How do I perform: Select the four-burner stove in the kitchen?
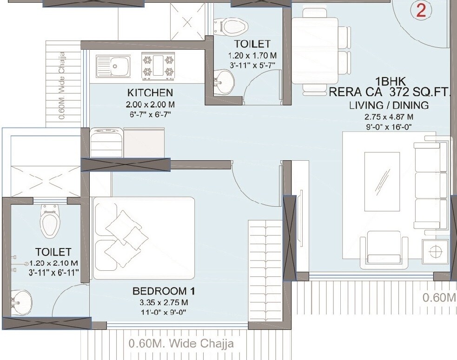pyautogui.click(x=158, y=65)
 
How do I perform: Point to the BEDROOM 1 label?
pyautogui.click(x=163, y=292)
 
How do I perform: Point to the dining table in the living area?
pyautogui.click(x=315, y=50)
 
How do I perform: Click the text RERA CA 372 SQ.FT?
pyautogui.click(x=390, y=92)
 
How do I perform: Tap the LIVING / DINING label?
pyautogui.click(x=389, y=105)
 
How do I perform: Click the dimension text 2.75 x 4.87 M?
pyautogui.click(x=389, y=117)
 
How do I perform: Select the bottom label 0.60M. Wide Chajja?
pyautogui.click(x=180, y=344)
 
